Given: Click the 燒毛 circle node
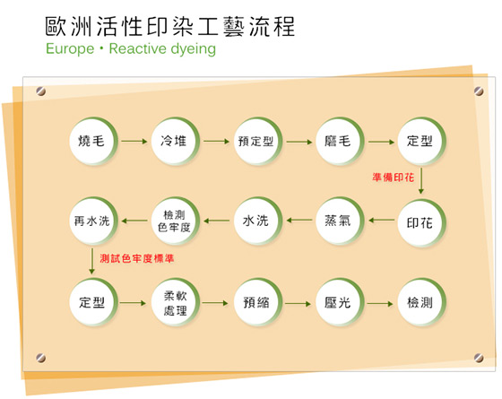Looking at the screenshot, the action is click(x=93, y=142).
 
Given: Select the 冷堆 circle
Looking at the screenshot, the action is click(x=176, y=142).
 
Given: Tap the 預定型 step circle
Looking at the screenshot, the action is click(x=258, y=142).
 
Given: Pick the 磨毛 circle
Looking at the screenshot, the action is click(x=340, y=142).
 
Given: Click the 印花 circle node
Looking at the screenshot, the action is click(x=421, y=222).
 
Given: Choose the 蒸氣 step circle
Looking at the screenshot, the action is click(x=340, y=221).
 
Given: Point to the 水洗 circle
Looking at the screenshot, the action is click(x=258, y=221).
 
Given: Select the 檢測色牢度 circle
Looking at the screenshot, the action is click(x=176, y=221).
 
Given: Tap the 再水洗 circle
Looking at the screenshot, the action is click(x=93, y=221).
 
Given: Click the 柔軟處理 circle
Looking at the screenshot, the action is click(x=176, y=303).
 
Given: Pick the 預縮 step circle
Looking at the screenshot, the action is click(x=258, y=303).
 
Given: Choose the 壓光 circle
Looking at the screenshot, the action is click(x=340, y=303).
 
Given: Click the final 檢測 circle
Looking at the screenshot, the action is click(x=421, y=303).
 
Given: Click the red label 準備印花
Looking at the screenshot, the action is click(x=394, y=178).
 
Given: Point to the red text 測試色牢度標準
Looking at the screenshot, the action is click(x=136, y=258).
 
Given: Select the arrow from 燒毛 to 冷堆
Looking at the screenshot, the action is click(x=134, y=142).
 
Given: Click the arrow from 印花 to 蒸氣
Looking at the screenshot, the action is click(x=382, y=221).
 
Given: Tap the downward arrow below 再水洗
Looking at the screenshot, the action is click(x=91, y=261).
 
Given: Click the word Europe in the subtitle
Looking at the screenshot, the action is click(x=70, y=49).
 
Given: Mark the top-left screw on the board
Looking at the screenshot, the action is click(x=40, y=91).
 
